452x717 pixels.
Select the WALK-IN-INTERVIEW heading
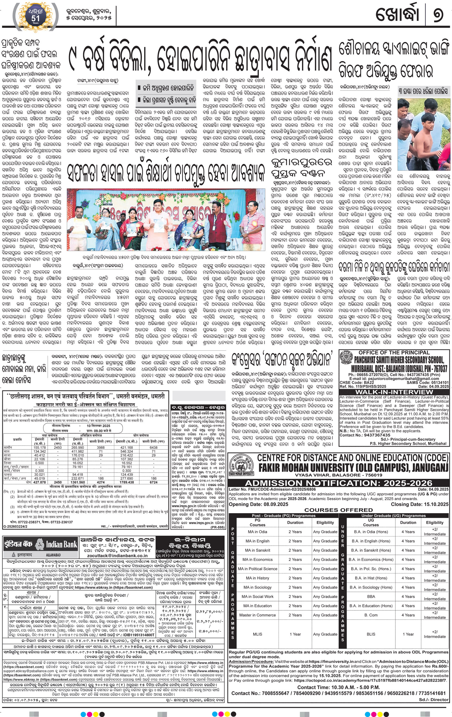coord(394,392)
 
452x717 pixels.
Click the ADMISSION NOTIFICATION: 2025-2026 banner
coord(338,483)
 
